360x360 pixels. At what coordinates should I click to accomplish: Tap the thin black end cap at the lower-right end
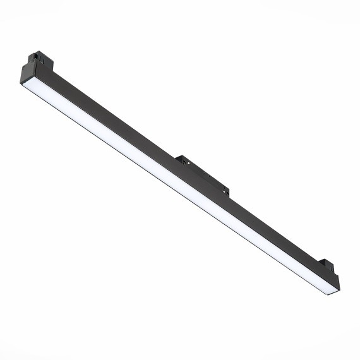click(x=338, y=284)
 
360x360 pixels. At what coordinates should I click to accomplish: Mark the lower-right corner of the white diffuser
click(x=333, y=292)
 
